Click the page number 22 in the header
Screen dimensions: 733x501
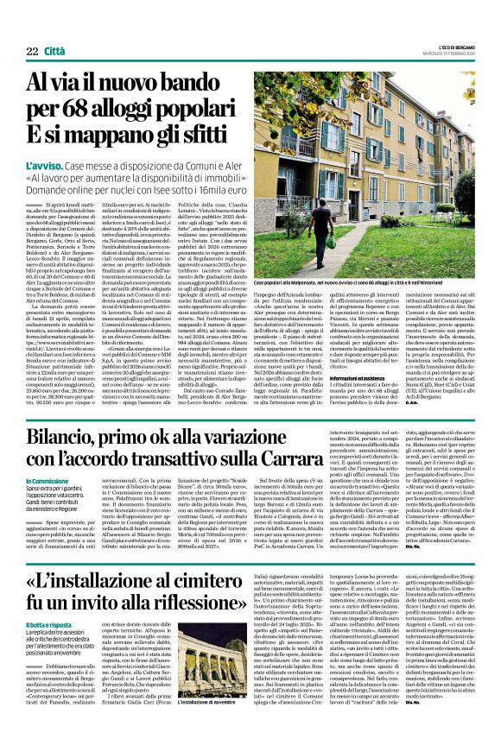coord(32,52)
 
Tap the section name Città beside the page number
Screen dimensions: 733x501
coord(56,52)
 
